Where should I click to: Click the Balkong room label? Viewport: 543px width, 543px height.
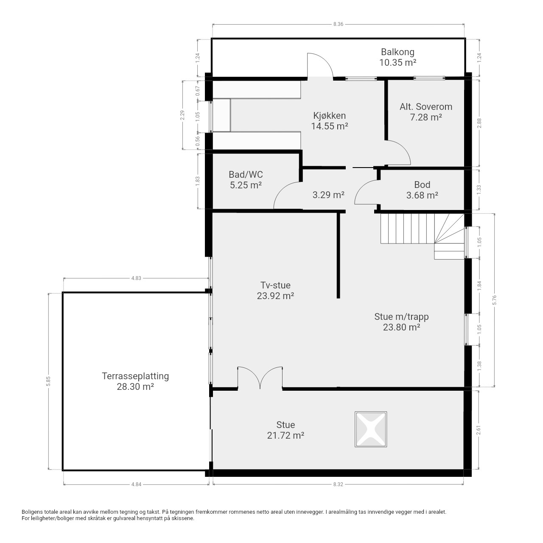pyautogui.click(x=397, y=52)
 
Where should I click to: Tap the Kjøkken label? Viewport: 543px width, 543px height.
pyautogui.click(x=329, y=115)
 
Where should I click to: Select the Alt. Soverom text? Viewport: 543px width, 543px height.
pyautogui.click(x=425, y=107)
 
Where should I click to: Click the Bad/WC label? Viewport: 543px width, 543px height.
pyautogui.click(x=246, y=174)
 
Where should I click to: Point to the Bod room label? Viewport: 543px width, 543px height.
pyautogui.click(x=422, y=185)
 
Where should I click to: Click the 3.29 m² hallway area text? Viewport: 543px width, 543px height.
pyautogui.click(x=328, y=195)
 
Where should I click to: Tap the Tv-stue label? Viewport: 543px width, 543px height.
pyautogui.click(x=275, y=285)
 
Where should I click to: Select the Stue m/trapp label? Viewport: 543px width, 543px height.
pyautogui.click(x=401, y=317)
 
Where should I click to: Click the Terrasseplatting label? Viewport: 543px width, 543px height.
pyautogui.click(x=135, y=376)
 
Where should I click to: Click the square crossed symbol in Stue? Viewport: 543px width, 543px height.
pyautogui.click(x=370, y=429)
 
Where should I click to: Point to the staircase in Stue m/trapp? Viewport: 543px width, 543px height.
pyautogui.click(x=422, y=236)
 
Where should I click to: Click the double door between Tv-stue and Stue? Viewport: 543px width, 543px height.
pyautogui.click(x=260, y=378)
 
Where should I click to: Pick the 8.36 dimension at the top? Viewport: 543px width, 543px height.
pyautogui.click(x=338, y=24)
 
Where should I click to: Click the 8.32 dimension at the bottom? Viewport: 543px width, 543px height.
pyautogui.click(x=338, y=484)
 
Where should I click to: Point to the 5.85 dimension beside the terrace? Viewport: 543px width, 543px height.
pyautogui.click(x=48, y=381)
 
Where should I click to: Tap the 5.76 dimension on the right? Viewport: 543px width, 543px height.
pyautogui.click(x=494, y=299)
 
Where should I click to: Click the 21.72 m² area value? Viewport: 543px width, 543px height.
pyautogui.click(x=285, y=435)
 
